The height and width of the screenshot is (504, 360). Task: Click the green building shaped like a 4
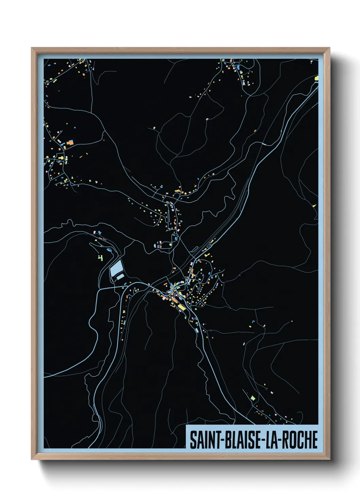coord(100,258)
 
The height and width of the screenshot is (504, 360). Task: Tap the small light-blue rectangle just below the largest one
coord(120,277)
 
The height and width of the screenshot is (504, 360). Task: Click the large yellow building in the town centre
coord(181,307)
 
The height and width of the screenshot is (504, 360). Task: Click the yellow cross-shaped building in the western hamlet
coord(61,158)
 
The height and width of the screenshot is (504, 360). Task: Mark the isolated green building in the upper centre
coord(154,128)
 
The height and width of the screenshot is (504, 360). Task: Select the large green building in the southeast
coord(252,397)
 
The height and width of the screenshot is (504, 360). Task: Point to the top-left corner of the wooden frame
coord(32,48)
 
